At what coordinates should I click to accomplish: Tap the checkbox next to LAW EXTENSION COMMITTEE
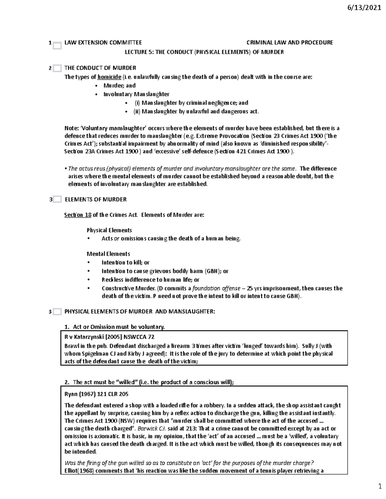point(57,46)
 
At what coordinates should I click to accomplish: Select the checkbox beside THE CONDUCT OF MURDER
point(57,68)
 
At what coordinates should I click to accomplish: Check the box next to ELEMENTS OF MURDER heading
point(57,200)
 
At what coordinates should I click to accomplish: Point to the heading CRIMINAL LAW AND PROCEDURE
point(289,42)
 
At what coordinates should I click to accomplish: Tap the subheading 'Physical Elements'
point(109,230)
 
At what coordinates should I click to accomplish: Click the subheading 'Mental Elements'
point(108,254)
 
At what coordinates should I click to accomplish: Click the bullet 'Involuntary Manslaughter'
point(136,94)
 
